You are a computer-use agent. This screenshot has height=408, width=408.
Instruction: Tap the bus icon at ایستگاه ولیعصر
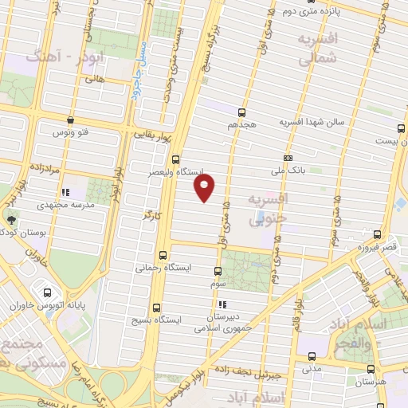point(176,159)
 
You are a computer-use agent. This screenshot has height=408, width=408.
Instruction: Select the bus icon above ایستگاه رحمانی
point(163,256)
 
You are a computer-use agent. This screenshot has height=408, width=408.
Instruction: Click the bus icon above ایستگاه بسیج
point(155,307)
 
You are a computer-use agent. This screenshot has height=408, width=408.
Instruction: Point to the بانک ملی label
point(288,170)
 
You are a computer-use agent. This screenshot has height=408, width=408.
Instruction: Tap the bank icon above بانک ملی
point(288,157)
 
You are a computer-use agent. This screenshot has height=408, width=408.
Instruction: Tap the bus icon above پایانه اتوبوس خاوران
point(49,292)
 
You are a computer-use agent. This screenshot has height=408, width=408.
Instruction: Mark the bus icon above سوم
point(219,271)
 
